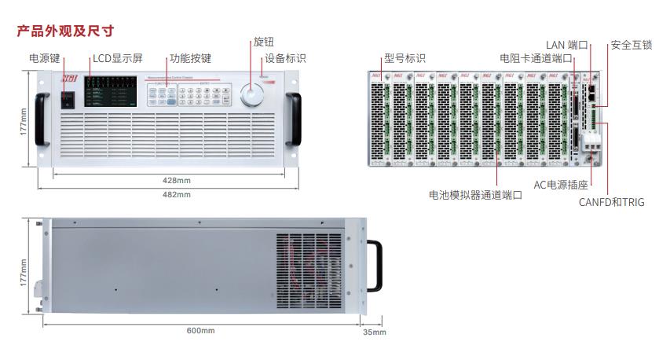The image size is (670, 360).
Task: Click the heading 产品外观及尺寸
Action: (x=65, y=31)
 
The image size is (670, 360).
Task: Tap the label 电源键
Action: (x=45, y=58)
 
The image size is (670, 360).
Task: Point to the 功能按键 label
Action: (x=191, y=58)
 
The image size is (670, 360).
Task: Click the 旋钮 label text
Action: (x=264, y=42)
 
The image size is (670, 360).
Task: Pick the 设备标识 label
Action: (x=285, y=58)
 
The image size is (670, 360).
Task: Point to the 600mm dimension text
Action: (x=201, y=330)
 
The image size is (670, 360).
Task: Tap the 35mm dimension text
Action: (x=375, y=332)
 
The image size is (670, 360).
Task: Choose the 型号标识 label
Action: (x=405, y=58)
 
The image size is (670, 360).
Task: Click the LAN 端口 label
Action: (x=567, y=45)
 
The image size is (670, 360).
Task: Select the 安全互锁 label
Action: (x=632, y=45)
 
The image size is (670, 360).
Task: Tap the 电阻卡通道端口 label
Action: (x=536, y=58)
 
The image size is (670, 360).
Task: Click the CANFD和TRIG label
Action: (x=611, y=202)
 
